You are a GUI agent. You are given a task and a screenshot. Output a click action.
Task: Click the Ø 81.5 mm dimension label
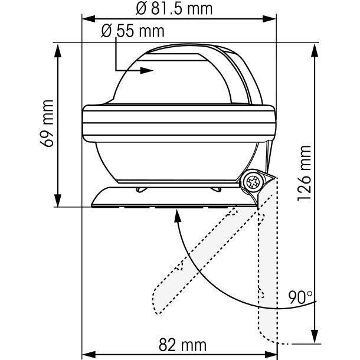coord(174,9)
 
